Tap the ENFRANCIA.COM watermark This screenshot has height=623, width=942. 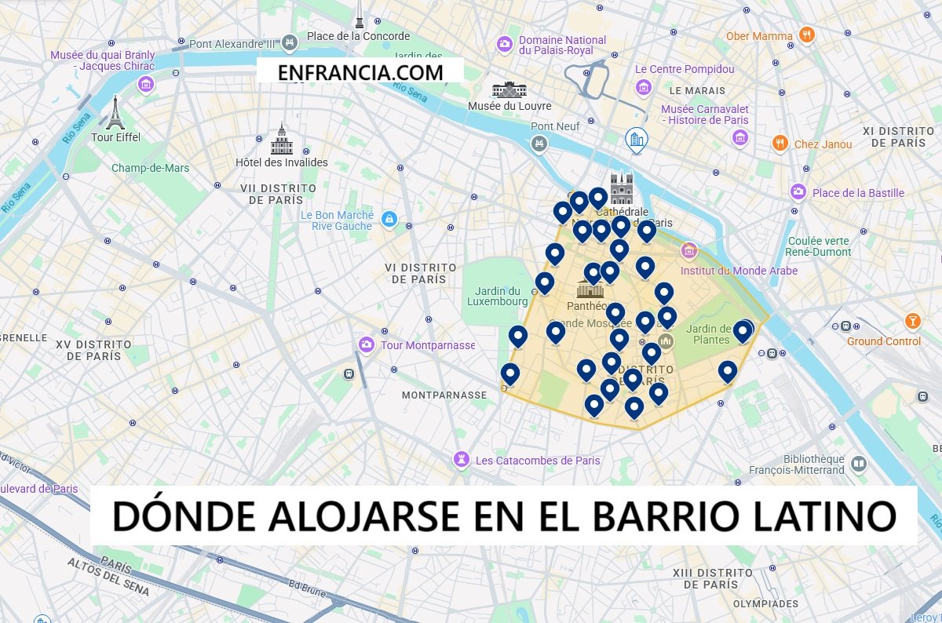pos(360,72)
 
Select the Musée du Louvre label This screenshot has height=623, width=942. pos(509,106)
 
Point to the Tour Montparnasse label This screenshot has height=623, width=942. pos(428,345)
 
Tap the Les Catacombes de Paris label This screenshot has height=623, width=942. pos(538,461)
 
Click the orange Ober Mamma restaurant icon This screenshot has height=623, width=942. pos(805,35)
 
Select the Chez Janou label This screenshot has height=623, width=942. pos(823,144)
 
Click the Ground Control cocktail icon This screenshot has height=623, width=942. pos(912,321)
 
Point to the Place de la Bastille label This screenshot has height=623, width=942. pos(858,193)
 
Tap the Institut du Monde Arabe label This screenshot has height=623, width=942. pos(739,271)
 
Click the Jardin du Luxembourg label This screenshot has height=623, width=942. pos(498,296)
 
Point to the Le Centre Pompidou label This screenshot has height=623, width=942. pos(685,69)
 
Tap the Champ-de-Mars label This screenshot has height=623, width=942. pos(150,168)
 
